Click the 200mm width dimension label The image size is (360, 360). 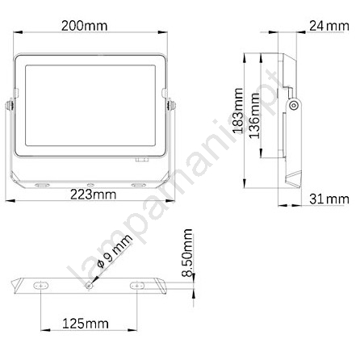(x=85, y=26)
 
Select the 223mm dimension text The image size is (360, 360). (x=93, y=195)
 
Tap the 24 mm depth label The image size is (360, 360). (x=329, y=26)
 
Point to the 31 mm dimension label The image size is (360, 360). (x=329, y=199)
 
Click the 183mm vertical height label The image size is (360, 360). (x=238, y=111)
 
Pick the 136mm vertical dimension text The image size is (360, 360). (x=254, y=115)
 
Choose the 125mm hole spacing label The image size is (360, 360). (x=86, y=324)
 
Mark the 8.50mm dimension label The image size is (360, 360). (x=187, y=253)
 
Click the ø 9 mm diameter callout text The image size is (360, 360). (x=115, y=251)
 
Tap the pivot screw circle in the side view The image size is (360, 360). (x=294, y=105)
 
